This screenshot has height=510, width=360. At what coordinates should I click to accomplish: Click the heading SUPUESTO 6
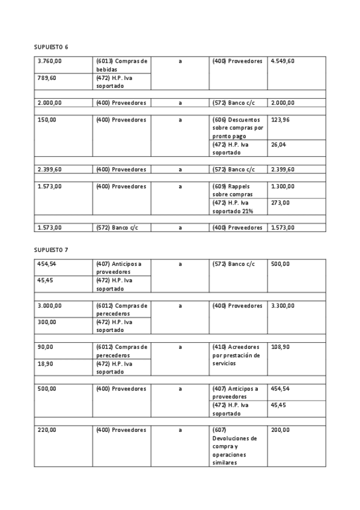point(51,47)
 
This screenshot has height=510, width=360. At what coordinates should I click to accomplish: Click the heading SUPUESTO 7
point(51,250)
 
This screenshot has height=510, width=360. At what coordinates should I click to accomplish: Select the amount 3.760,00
point(50,61)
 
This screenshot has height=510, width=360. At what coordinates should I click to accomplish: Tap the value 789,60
point(46,78)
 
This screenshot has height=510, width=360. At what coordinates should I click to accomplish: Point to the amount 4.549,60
point(282,61)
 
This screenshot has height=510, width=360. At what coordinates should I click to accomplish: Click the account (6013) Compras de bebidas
point(121,65)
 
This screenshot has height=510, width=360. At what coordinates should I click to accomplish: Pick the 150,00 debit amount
point(46,120)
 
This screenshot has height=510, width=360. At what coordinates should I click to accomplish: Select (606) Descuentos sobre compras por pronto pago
point(237,127)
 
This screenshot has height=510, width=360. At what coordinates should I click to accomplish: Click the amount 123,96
point(280,120)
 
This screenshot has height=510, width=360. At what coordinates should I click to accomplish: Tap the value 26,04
point(278,144)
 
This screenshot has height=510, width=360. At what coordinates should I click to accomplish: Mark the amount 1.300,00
point(282,186)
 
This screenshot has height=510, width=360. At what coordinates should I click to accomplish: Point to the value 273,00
point(280,203)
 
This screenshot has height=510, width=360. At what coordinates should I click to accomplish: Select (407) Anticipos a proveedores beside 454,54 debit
point(119,268)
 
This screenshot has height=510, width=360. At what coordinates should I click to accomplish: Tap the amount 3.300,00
point(282,306)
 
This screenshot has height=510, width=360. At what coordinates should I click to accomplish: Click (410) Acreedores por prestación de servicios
point(236,355)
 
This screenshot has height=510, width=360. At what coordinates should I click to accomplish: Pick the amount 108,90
point(280,347)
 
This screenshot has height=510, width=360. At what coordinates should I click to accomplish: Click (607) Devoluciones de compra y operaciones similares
point(234,446)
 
